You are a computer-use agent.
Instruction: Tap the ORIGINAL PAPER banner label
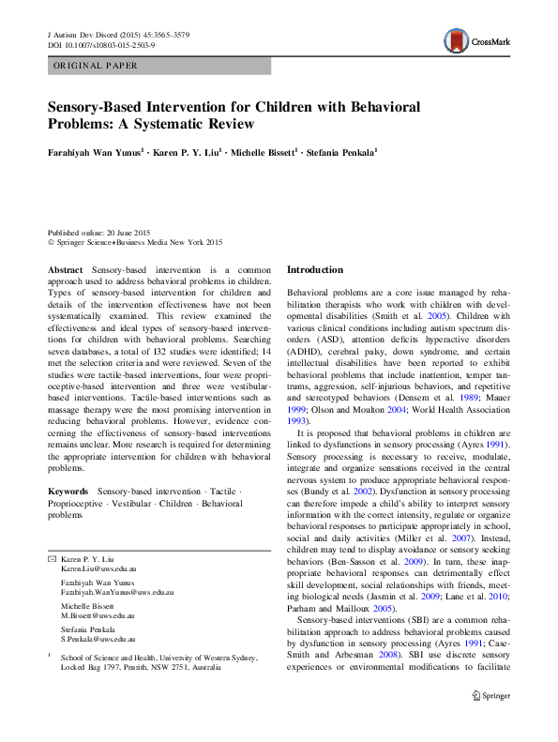click(x=96, y=66)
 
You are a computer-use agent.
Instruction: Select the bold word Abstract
click(x=66, y=270)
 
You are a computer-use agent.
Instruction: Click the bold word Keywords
click(x=68, y=492)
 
